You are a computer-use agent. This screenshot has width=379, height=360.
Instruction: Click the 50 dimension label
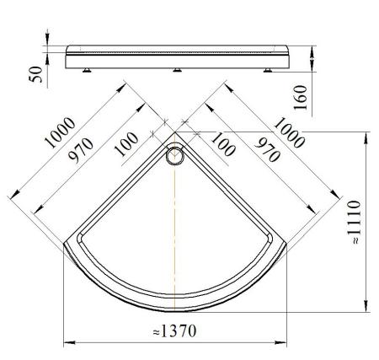[x=36, y=74]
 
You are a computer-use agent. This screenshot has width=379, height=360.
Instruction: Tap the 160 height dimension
[x=301, y=98]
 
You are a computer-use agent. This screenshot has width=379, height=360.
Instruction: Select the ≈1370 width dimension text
[x=174, y=331]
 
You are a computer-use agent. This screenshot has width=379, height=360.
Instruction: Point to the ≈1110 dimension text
[x=355, y=222]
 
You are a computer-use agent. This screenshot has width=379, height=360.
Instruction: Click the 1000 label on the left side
[x=60, y=132]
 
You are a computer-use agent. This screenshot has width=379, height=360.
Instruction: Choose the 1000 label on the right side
[x=290, y=132]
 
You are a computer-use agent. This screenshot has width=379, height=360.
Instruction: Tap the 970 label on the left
[x=82, y=150]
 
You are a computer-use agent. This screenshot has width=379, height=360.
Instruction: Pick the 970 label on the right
[x=267, y=150]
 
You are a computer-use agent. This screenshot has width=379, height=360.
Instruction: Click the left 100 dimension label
[x=127, y=144]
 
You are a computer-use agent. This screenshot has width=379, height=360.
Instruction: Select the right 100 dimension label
[x=223, y=144]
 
